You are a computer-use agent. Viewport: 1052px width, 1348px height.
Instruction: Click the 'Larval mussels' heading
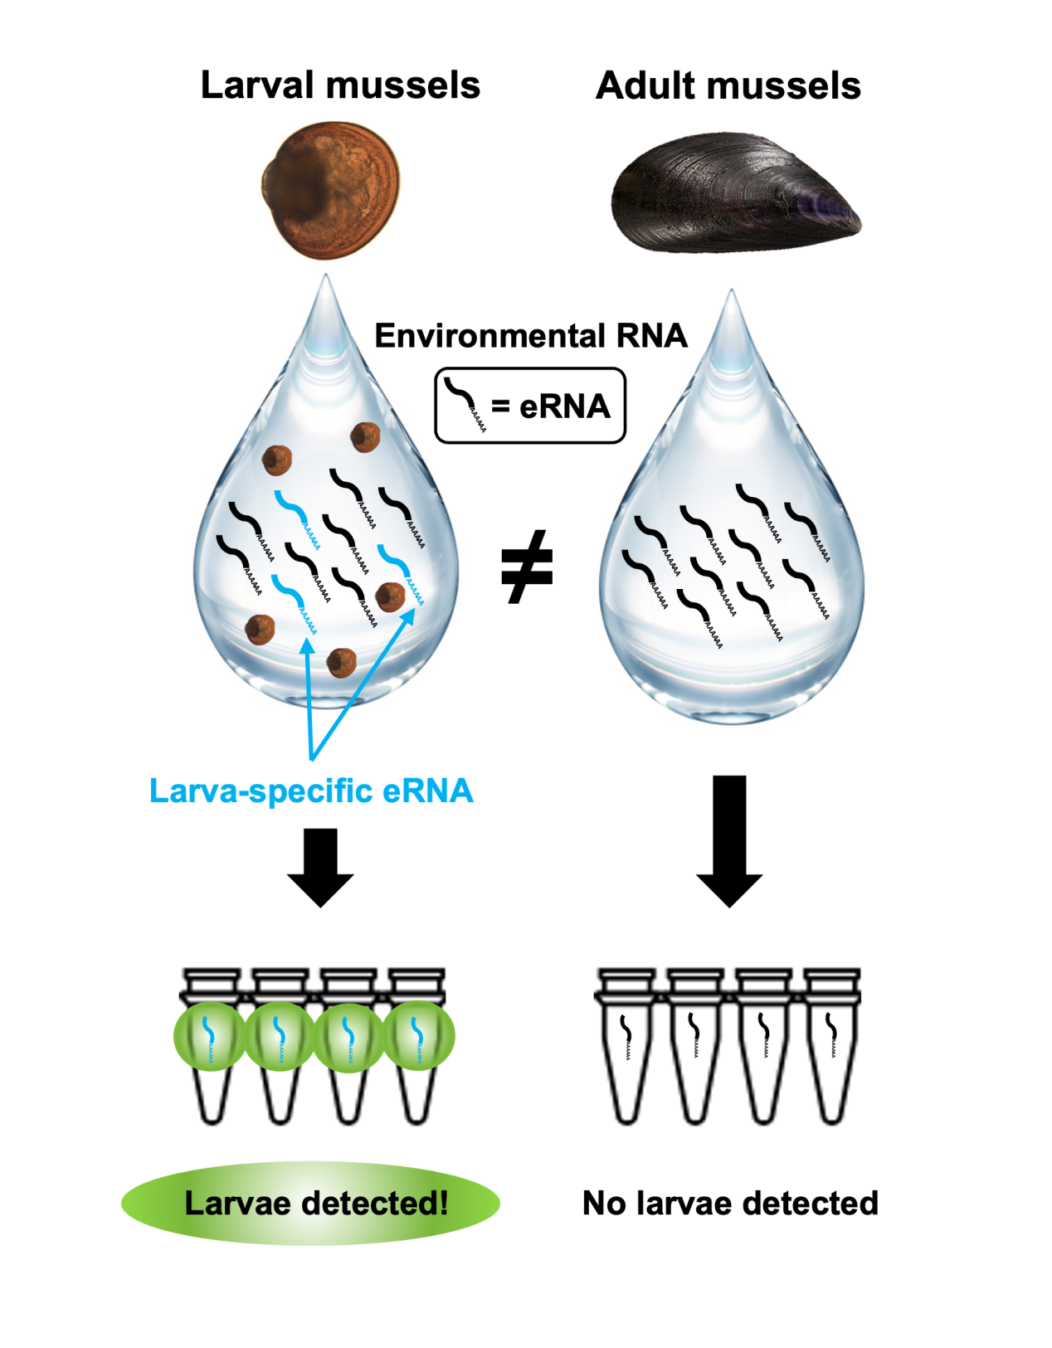(340, 85)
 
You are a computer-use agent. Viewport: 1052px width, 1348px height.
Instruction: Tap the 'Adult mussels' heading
(728, 85)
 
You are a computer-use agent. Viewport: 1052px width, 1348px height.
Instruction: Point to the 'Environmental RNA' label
(531, 336)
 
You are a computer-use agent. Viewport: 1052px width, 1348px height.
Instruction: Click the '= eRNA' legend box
(530, 406)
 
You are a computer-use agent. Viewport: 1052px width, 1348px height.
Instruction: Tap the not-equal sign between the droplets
(527, 567)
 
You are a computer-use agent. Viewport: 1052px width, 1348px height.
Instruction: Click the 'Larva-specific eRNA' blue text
(311, 791)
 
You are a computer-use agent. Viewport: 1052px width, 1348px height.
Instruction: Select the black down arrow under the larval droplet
(320, 866)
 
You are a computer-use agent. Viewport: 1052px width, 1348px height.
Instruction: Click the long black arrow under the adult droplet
(729, 839)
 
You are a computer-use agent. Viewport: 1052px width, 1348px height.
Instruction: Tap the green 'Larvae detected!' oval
(311, 1203)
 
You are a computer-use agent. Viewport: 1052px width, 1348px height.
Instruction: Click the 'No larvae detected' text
(730, 1203)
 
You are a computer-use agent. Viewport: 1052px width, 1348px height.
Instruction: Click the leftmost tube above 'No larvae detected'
(626, 1045)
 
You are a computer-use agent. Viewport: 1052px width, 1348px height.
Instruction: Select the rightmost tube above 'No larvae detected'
(832, 1045)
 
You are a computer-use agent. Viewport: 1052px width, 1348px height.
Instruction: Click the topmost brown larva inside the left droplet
(365, 436)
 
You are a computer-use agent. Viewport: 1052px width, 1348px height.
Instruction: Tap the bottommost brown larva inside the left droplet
(342, 662)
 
